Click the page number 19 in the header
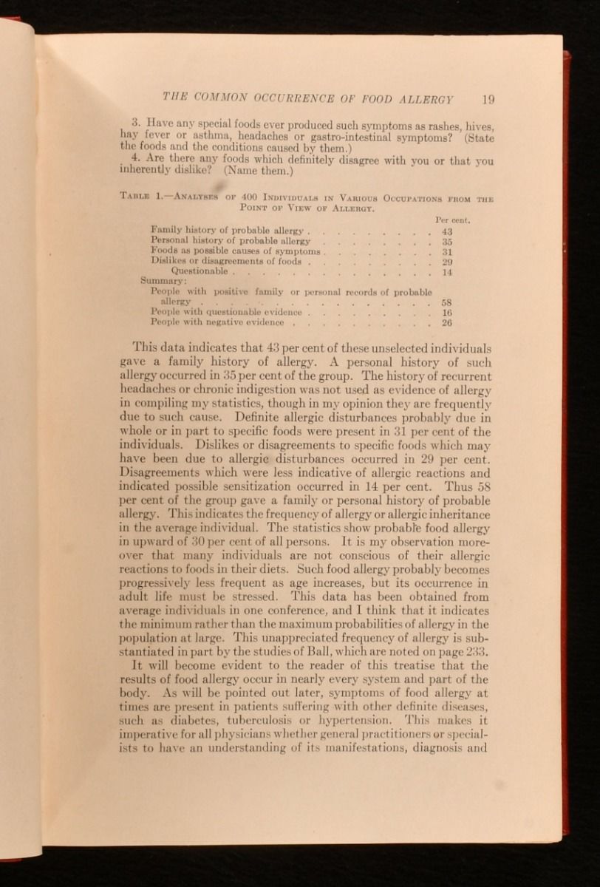[x=485, y=99]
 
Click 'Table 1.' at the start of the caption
[x=145, y=197]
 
